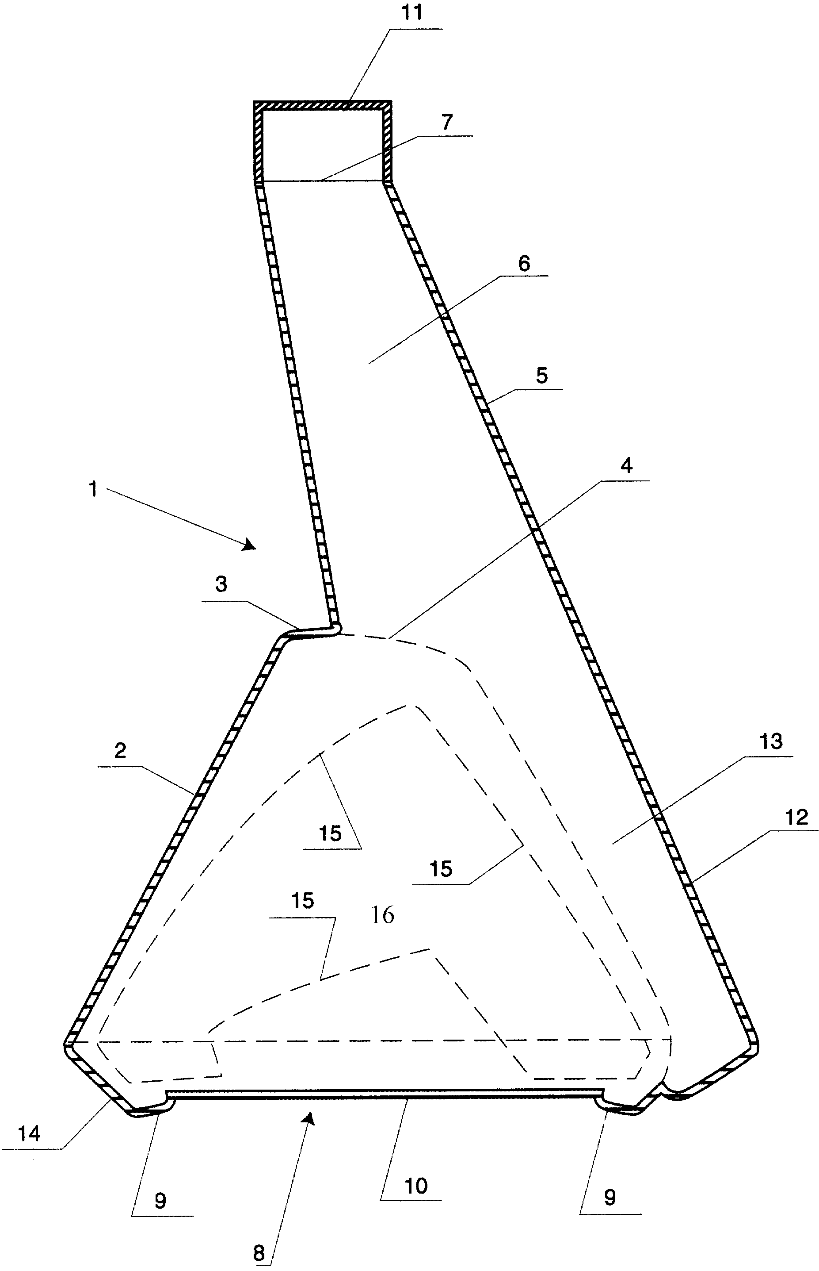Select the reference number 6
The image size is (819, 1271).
click(x=524, y=264)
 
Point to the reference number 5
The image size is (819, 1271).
click(x=541, y=375)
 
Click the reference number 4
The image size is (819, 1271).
click(x=627, y=466)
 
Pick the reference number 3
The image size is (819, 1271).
click(x=221, y=584)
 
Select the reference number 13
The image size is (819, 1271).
click(x=771, y=741)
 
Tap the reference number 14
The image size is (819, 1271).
click(x=29, y=1134)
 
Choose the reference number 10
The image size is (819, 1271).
click(x=416, y=1187)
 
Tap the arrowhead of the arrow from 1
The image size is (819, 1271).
click(x=249, y=545)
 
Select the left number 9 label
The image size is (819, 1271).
click(x=160, y=1200)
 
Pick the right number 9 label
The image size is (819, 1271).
click(x=610, y=1197)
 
